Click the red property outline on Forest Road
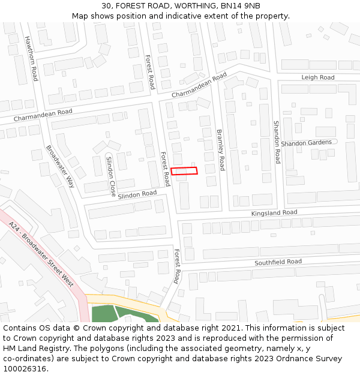(184, 172)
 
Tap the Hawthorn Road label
(31, 58)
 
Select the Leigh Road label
(318, 77)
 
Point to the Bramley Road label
(220, 150)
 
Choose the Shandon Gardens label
(306, 143)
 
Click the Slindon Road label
(137, 194)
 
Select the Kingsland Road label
(274, 212)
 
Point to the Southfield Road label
(278, 262)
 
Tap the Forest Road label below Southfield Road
(176, 266)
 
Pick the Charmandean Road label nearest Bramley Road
(199, 86)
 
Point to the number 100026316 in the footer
(24, 368)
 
